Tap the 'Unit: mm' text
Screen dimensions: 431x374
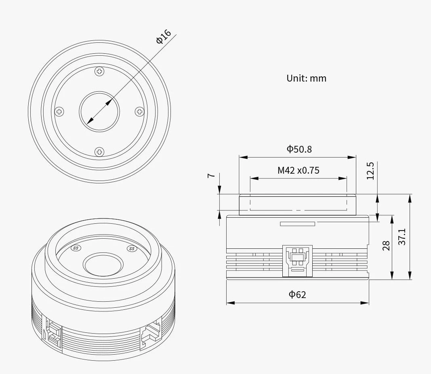[x=307, y=78]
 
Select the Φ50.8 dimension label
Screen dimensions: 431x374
[x=299, y=149]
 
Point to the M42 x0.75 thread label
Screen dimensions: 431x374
[x=298, y=170]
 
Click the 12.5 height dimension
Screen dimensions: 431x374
[x=370, y=171]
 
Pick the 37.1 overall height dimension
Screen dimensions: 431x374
[x=402, y=236]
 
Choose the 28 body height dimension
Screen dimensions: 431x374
[x=386, y=246]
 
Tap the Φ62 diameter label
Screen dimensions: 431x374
[x=297, y=294]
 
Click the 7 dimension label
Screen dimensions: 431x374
[x=211, y=175]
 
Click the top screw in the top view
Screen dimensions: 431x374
[x=99, y=71]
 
